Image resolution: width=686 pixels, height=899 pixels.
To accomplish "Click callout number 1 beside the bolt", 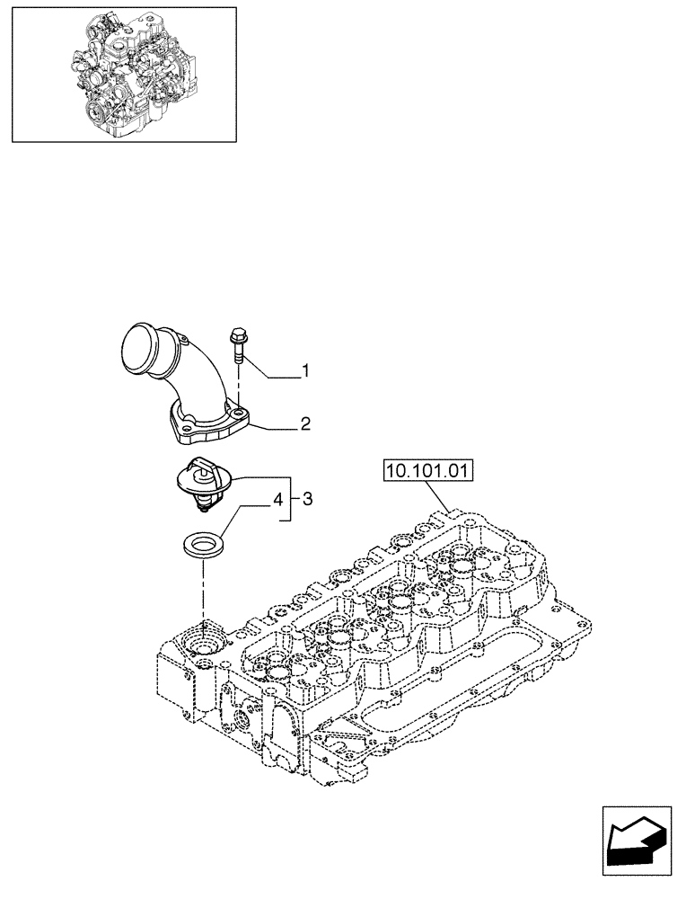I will pyautogui.click(x=305, y=369).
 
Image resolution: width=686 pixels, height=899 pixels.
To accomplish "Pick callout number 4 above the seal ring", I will pyautogui.click(x=278, y=498).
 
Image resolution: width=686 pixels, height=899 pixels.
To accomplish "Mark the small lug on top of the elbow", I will pyautogui.click(x=184, y=340).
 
